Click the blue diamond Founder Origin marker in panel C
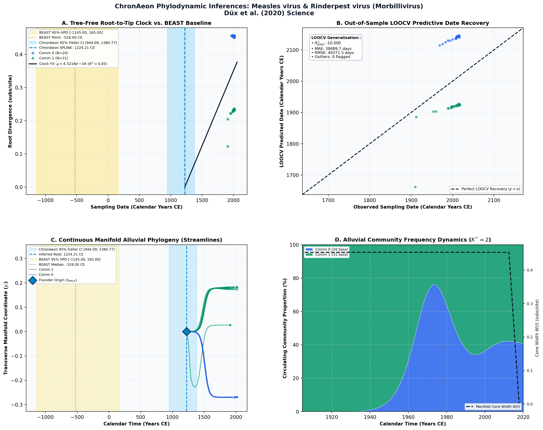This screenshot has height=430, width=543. click(186, 332)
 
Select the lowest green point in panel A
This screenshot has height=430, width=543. click(228, 146)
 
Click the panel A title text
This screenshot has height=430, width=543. click(136, 23)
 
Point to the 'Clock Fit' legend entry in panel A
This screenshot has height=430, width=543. click(73, 64)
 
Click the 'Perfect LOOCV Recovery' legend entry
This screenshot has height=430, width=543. click(485, 189)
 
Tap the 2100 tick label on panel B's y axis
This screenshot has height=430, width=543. click(292, 50)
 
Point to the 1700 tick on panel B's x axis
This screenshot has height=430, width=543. click(328, 200)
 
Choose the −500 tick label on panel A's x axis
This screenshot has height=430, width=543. click(77, 200)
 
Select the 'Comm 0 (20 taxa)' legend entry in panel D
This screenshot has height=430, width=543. click(327, 249)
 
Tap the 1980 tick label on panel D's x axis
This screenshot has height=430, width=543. click(447, 417)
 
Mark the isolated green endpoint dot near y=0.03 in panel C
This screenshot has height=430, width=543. click(230, 325)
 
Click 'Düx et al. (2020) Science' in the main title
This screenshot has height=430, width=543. click(269, 13)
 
